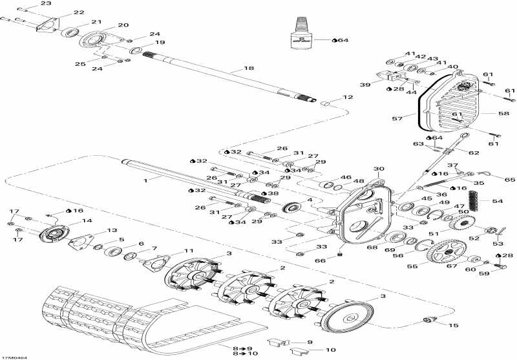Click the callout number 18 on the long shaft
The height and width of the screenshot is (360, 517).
249,68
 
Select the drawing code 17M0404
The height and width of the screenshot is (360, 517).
15,356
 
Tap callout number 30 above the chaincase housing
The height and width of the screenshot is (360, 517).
378,169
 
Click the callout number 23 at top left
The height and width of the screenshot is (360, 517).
46,4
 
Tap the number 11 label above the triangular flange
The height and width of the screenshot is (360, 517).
189,251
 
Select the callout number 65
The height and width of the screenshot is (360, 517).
510,179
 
